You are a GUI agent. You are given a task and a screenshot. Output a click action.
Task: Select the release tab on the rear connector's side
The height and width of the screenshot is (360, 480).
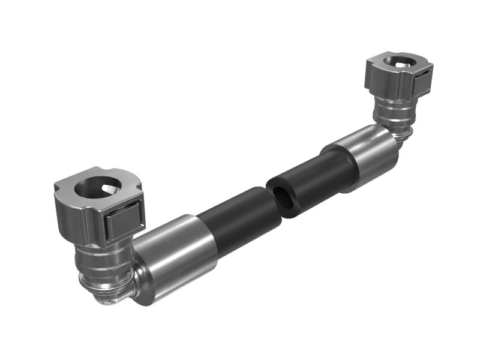424,80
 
